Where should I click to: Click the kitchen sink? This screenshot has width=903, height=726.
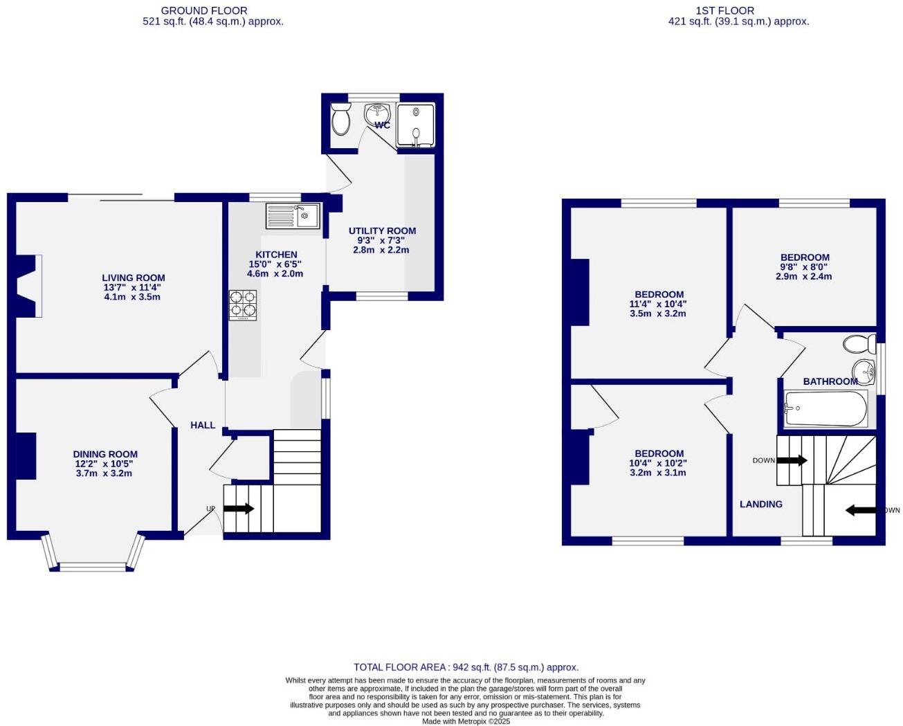click(292, 216)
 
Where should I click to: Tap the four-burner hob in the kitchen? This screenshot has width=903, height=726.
click(242, 305)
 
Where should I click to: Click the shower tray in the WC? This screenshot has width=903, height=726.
click(415, 125)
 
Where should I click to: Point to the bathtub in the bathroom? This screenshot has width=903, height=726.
click(825, 409)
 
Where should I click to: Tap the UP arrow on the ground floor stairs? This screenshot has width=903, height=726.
click(238, 509)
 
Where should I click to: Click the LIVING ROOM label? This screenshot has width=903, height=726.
click(134, 278)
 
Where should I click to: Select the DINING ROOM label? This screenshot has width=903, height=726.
click(105, 455)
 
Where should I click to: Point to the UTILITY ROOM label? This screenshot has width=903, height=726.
click(382, 231)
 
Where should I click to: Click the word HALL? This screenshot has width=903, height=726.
click(203, 425)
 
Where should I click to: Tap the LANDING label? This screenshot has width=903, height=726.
click(761, 505)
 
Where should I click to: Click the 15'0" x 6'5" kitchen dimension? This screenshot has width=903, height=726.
click(275, 264)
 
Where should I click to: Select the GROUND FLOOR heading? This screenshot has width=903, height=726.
click(203, 10)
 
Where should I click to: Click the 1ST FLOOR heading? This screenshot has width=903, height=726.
click(725, 10)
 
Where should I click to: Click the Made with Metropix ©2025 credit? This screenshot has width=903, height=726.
click(466, 721)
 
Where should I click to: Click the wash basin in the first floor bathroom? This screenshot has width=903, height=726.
click(862, 368)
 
